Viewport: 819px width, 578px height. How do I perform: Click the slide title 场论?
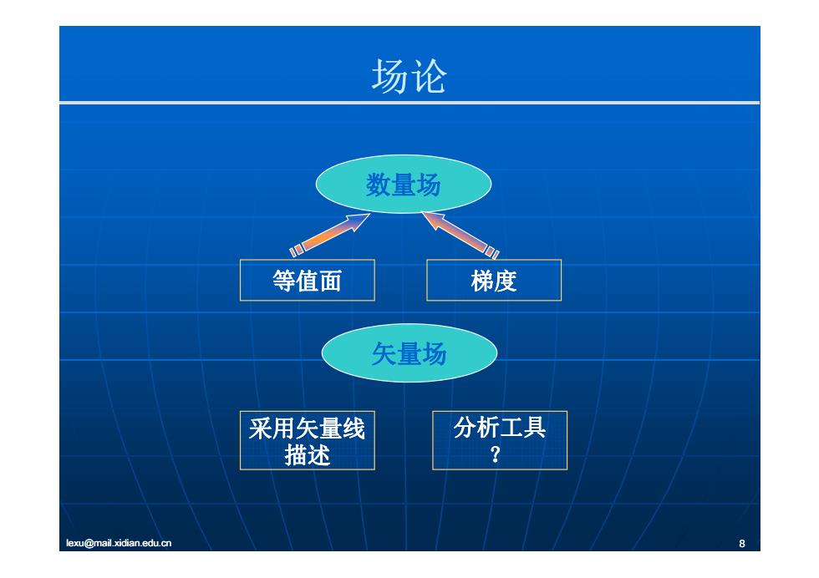pos(409,76)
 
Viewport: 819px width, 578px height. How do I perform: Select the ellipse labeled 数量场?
pos(403,185)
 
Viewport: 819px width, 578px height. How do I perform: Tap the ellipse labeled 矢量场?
pos(409,353)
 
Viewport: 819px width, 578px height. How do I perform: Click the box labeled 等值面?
pos(308,281)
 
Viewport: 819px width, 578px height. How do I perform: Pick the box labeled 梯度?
pos(494,281)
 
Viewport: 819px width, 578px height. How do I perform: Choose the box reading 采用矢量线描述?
pos(308,441)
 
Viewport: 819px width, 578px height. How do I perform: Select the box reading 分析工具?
pos(500,441)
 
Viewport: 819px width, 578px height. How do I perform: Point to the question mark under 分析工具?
pos(495,454)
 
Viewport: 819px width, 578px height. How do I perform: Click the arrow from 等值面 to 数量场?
pos(330,235)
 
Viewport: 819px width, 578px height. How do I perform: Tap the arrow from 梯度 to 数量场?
pos(460,235)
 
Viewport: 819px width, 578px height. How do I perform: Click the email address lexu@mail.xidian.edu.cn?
pos(119,543)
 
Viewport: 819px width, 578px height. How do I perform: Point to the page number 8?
pos(742,544)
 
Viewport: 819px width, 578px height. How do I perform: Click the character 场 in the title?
pos(389,76)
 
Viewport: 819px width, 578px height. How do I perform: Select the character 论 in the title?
pos(429,76)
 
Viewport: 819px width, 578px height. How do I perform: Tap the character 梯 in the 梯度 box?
pos(482,281)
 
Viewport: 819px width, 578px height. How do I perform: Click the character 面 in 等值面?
pos(331,281)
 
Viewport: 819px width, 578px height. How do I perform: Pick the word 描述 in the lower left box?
pos(308,454)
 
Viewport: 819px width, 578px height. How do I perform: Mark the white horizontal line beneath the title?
pos(409,103)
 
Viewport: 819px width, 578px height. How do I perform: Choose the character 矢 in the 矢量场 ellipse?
pos(384,354)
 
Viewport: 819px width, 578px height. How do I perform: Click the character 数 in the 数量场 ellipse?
pos(378,185)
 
